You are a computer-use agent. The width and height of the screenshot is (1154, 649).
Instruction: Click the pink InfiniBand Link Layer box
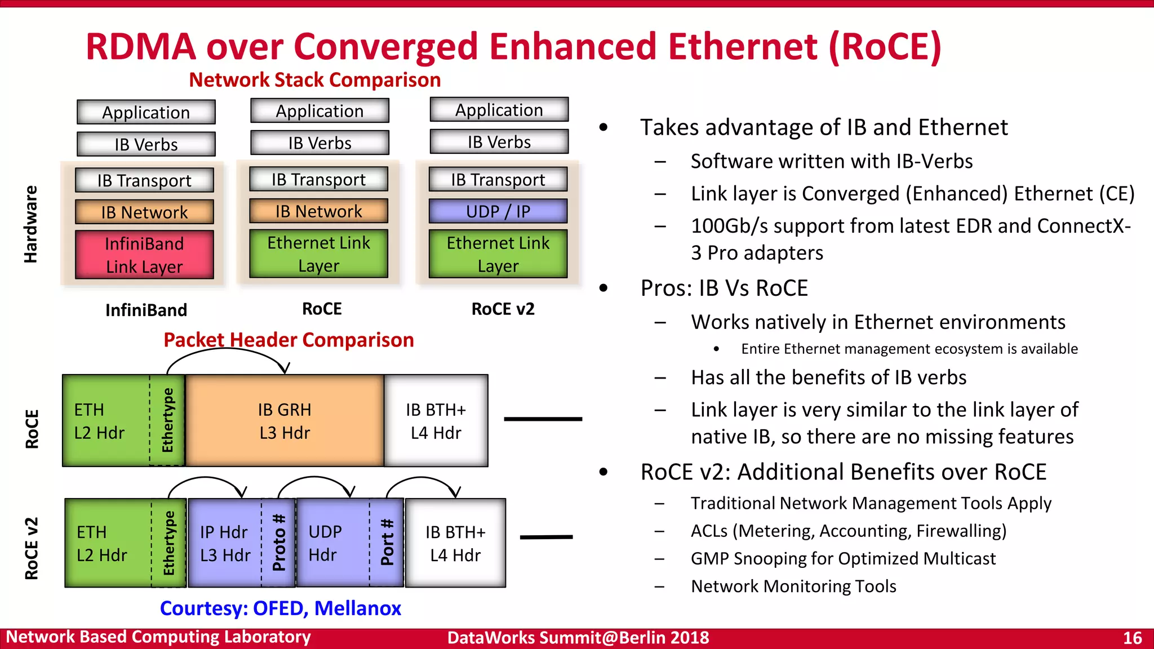coord(144,255)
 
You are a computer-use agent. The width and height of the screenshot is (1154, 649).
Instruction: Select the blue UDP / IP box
coord(498,211)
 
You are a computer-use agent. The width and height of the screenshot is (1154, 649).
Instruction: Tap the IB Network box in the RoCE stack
coord(318,211)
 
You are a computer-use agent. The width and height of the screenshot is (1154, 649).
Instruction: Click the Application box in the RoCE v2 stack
coord(499,110)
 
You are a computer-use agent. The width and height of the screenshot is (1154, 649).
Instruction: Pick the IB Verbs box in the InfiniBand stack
coord(146,144)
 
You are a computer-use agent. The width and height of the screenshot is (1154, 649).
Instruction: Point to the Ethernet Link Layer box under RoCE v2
coord(498,254)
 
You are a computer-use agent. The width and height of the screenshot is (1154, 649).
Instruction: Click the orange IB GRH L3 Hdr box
coord(285,421)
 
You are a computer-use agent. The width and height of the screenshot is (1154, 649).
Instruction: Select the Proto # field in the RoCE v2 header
coord(279,543)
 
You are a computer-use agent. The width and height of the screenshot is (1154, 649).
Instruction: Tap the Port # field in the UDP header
coord(387,543)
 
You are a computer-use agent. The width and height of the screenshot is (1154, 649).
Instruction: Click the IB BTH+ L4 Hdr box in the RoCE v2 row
coord(455,543)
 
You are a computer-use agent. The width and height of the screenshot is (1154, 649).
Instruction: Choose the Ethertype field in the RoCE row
coord(168,420)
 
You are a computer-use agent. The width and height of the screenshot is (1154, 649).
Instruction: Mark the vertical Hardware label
coord(30,224)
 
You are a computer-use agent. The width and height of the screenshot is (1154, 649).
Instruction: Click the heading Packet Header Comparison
coord(288,340)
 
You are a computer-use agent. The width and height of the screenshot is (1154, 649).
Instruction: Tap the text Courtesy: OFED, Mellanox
coord(280,608)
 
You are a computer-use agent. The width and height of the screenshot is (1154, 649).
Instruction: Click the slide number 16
coord(1132,638)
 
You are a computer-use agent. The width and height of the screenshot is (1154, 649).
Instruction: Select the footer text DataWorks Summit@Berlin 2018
coord(578,638)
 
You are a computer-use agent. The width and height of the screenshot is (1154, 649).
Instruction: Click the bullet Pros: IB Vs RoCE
coord(724,288)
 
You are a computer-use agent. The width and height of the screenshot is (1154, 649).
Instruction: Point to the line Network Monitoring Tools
coord(793,586)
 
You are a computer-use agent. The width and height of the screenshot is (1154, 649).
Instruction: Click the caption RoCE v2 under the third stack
coord(503,309)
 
